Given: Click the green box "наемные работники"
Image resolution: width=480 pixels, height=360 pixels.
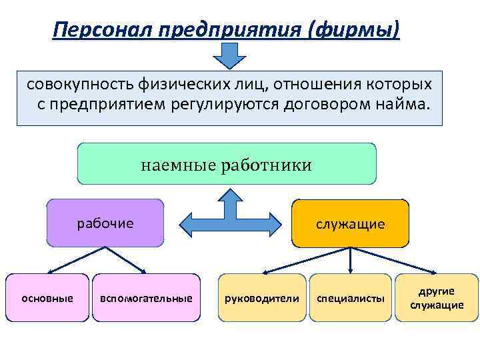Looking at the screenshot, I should coord(227,164).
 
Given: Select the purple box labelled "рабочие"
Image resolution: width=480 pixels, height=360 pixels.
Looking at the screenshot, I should coord(105,223).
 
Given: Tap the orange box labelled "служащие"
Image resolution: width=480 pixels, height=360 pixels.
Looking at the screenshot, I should coord(351,223).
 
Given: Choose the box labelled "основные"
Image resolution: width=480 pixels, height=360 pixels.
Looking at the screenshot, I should coord(47,298).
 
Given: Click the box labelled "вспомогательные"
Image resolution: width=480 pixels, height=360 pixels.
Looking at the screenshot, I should coord(146,298).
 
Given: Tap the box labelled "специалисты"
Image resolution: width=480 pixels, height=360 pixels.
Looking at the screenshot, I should coord(351,298).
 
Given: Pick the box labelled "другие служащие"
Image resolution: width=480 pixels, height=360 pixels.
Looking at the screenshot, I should coord(437,298).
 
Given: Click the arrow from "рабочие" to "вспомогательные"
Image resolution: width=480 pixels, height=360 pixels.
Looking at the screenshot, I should coord(127,260).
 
